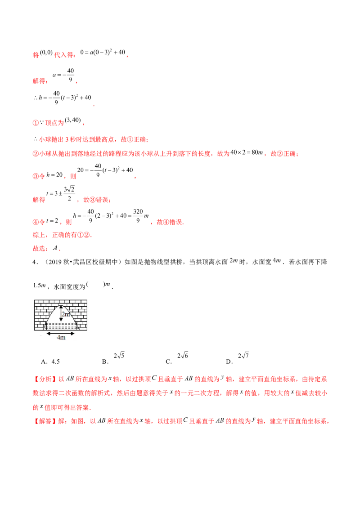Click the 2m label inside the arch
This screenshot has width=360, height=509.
point(66,315)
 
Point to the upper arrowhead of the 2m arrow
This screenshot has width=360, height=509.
point(61,306)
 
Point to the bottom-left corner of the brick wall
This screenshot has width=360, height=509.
point(35,330)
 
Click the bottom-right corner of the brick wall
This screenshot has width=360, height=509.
point(87,330)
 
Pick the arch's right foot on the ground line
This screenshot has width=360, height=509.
point(80,330)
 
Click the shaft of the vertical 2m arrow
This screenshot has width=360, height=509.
point(61,314)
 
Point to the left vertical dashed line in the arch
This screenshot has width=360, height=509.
point(46,326)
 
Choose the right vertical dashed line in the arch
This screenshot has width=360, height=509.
point(76,326)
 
